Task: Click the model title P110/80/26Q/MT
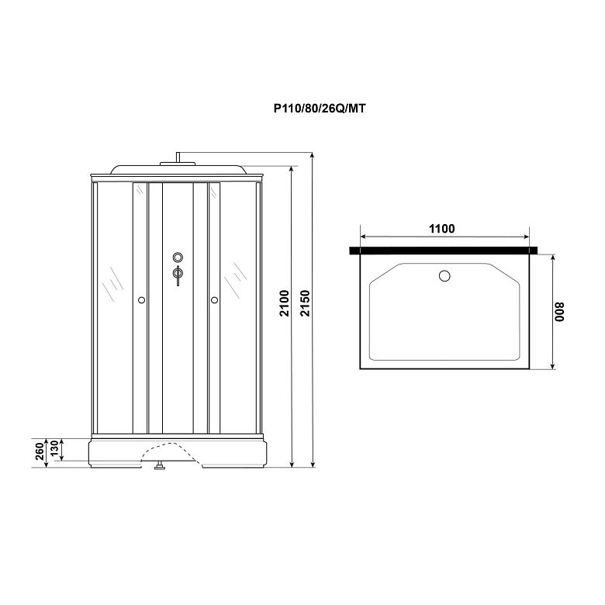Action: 320,109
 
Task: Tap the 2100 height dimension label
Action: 285,303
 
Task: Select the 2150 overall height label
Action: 305,303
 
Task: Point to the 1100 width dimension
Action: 442,229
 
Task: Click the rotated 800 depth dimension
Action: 559,312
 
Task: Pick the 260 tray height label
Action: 40,451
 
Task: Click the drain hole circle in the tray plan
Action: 444,276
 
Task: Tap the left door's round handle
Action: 141,300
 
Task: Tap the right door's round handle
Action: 215,300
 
